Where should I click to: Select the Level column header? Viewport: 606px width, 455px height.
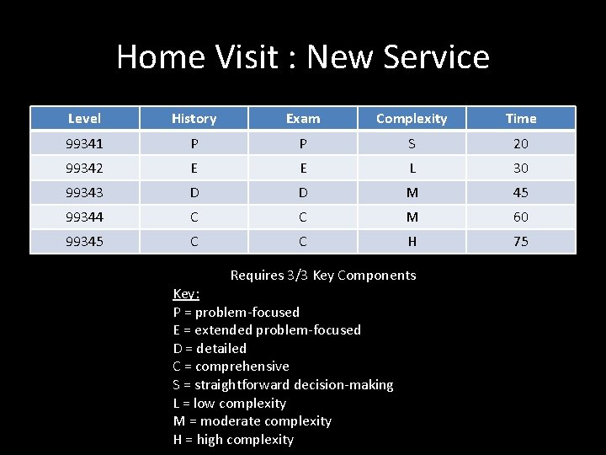[x=84, y=119]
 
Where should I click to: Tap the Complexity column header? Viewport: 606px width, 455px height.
[x=412, y=119]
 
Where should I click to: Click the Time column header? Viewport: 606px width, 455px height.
[x=521, y=119]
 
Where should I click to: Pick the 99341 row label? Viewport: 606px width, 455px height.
[x=84, y=143]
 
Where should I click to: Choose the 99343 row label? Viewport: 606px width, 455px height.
[x=84, y=192]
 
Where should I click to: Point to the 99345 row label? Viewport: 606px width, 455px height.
[x=84, y=241]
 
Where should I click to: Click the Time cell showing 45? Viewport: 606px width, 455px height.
[x=521, y=192]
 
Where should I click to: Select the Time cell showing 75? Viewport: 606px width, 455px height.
[x=521, y=241]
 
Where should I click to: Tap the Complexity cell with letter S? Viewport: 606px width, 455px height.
[x=412, y=143]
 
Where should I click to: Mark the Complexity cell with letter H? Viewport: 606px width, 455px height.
[x=412, y=241]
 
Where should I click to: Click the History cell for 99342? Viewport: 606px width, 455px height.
[x=194, y=168]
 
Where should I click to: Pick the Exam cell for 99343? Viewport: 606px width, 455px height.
[x=303, y=192]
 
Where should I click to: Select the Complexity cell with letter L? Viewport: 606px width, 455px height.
[x=412, y=168]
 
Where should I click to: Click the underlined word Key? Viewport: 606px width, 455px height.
[x=186, y=293]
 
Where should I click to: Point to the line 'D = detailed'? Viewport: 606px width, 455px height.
[x=210, y=348]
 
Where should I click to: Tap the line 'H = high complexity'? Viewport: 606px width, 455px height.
[x=233, y=439]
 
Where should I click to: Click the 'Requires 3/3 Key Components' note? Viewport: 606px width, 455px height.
[x=323, y=275]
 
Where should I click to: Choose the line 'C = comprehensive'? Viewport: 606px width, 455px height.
[x=231, y=367]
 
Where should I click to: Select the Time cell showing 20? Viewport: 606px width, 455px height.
[x=521, y=143]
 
